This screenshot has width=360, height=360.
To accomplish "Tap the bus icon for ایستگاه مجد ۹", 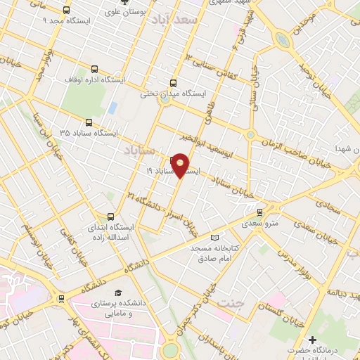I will [67, 11].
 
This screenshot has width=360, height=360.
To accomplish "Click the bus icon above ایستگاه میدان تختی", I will [174, 83].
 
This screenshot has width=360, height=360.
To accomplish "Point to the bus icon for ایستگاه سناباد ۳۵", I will [88, 122].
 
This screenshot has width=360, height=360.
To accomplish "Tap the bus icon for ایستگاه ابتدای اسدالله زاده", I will [110, 217].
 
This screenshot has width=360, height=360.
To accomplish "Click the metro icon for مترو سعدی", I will [259, 211].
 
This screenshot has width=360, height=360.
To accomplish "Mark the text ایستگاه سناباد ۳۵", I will [88, 133].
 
